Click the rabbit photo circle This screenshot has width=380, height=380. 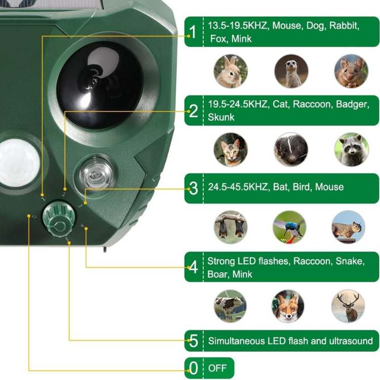(x=231, y=71)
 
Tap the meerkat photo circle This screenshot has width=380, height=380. (x=291, y=71)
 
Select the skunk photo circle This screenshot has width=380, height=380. (x=291, y=149)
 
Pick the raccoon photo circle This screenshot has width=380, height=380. (x=351, y=149)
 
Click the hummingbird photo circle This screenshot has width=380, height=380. (x=289, y=227)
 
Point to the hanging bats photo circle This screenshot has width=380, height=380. (x=231, y=227)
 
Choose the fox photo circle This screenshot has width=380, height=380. (x=288, y=306)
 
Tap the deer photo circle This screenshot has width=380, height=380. (x=348, y=306)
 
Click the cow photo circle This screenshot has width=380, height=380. (x=231, y=306)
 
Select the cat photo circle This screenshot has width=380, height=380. (x=231, y=149)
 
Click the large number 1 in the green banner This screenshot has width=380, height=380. (x=193, y=32)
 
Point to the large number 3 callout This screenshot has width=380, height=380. (x=193, y=188)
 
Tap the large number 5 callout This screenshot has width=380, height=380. (x=193, y=341)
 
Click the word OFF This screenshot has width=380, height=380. (x=217, y=368)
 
